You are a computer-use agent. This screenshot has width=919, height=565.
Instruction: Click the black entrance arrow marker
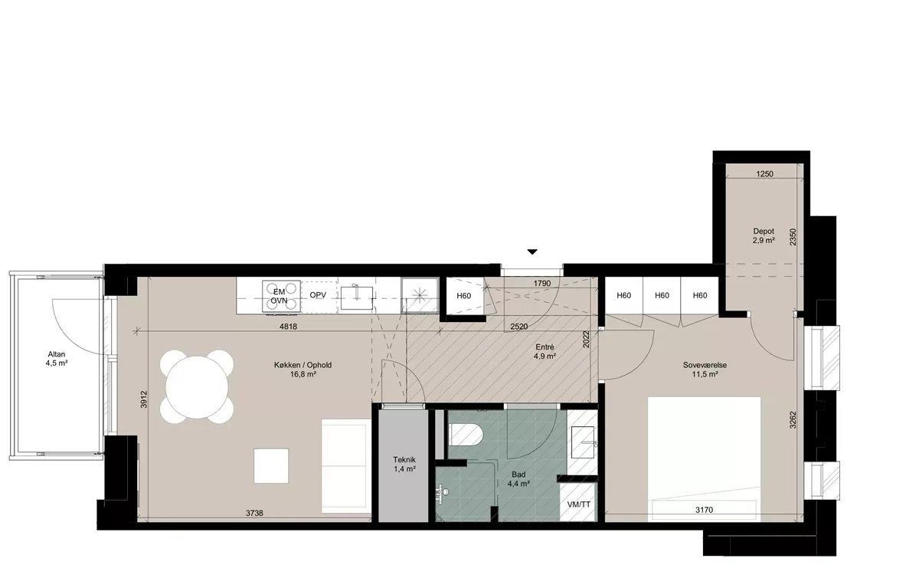pyautogui.click(x=532, y=251)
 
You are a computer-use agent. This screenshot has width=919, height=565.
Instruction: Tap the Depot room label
pyautogui.click(x=764, y=235)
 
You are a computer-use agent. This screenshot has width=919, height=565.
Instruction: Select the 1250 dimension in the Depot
pyautogui.click(x=764, y=174)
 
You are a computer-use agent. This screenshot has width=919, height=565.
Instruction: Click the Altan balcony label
pyautogui.click(x=57, y=359)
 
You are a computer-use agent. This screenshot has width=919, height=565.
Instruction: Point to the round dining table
pyautogui.click(x=198, y=387)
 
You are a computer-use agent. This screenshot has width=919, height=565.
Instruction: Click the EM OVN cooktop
pyautogui.click(x=281, y=297)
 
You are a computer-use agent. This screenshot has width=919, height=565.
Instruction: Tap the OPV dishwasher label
pyautogui.click(x=318, y=295)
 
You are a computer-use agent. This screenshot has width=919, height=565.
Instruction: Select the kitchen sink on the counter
pyautogui.click(x=357, y=298)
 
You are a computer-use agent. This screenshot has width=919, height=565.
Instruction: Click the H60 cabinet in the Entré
pyautogui.click(x=463, y=296)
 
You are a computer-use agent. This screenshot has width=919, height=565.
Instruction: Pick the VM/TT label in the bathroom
pyautogui.click(x=578, y=504)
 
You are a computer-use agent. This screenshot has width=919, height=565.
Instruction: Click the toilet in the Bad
pyautogui.click(x=466, y=435)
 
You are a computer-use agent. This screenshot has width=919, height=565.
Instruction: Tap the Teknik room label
pyautogui.click(x=404, y=464)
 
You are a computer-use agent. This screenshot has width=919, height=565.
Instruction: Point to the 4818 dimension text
pyautogui.click(x=288, y=327)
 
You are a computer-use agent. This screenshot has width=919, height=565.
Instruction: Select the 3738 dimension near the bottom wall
pyautogui.click(x=254, y=513)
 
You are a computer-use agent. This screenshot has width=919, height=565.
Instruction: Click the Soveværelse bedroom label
pyautogui.click(x=705, y=370)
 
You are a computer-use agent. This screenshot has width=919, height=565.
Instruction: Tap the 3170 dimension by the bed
pyautogui.click(x=704, y=510)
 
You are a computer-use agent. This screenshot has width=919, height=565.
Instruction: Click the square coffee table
pyautogui.click(x=271, y=465)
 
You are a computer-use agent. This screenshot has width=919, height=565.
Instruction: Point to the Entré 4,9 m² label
pyautogui.click(x=545, y=352)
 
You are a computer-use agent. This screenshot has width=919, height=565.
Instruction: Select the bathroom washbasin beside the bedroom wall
pyautogui.click(x=583, y=442)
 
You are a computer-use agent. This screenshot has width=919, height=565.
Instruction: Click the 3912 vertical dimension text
pyautogui.click(x=144, y=399)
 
